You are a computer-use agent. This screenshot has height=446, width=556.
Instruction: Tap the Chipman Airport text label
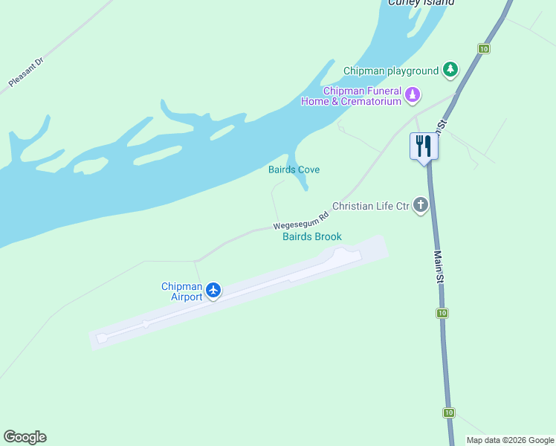[x=182, y=292]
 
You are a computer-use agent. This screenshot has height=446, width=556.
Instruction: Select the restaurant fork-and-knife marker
[x=424, y=146]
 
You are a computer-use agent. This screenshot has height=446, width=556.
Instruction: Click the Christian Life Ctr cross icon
[x=421, y=205]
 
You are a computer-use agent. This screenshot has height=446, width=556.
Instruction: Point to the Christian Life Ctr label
[x=371, y=205]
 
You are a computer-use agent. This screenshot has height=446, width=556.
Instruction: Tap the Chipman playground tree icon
[x=450, y=71]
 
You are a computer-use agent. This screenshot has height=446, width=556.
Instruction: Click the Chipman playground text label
[x=391, y=71]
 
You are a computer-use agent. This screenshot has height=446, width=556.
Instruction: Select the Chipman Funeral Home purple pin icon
[x=413, y=96]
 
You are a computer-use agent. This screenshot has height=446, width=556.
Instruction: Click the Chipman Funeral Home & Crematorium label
[x=351, y=97]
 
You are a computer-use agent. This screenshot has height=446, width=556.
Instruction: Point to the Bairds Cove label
[x=294, y=170]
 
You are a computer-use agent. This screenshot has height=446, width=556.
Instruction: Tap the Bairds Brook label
[x=312, y=237]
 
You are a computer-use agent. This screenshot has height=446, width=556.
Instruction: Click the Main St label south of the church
[x=439, y=267]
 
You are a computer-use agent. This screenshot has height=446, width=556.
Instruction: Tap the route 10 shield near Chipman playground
[x=484, y=49]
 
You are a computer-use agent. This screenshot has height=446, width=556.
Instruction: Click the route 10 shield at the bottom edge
[x=449, y=413]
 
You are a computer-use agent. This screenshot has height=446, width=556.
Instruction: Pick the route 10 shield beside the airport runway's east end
[x=442, y=312]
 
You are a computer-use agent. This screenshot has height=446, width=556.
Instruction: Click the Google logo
[x=25, y=437]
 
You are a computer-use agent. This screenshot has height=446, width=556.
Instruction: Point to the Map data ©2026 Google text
[x=511, y=440]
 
